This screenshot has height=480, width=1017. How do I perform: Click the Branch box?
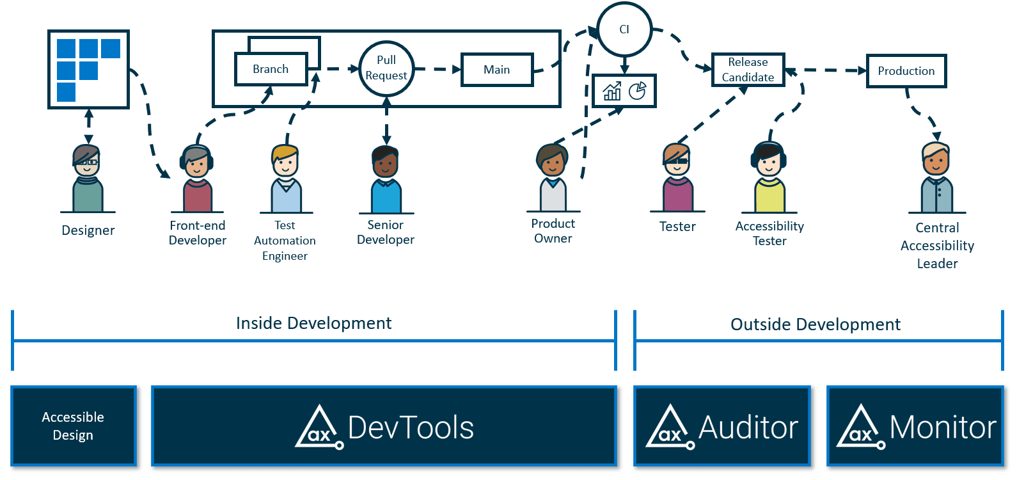271,69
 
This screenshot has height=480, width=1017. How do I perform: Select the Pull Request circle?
386,68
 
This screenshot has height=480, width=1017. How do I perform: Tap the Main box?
497,70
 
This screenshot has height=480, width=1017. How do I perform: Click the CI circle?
624,29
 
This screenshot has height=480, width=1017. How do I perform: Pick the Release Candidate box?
748,70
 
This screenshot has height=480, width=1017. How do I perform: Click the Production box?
906,71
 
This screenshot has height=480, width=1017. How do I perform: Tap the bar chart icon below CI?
612,92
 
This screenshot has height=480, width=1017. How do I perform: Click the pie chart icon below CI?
637,91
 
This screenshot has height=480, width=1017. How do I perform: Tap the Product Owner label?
553,231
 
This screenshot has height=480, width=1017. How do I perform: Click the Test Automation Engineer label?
285,241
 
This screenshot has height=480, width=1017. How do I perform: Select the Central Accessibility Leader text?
937,246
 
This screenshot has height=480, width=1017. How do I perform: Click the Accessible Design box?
74,426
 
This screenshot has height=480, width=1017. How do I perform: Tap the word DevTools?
411,428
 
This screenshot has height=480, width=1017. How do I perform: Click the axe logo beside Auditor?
669,427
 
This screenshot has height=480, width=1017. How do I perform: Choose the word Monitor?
942,427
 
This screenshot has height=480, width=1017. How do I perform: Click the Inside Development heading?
313,323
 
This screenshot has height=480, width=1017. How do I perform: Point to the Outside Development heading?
815,324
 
